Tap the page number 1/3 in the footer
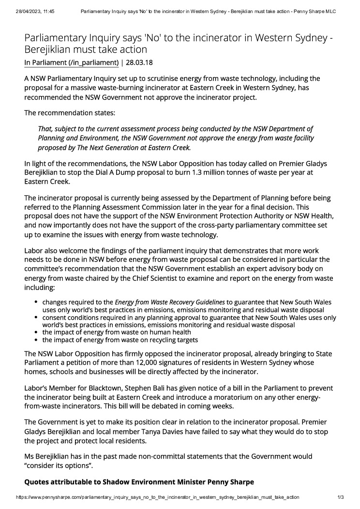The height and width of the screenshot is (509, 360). coord(340,497)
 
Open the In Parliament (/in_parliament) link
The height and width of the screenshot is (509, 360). coord(71,62)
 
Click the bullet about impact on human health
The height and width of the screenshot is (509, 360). coord(117,332)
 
